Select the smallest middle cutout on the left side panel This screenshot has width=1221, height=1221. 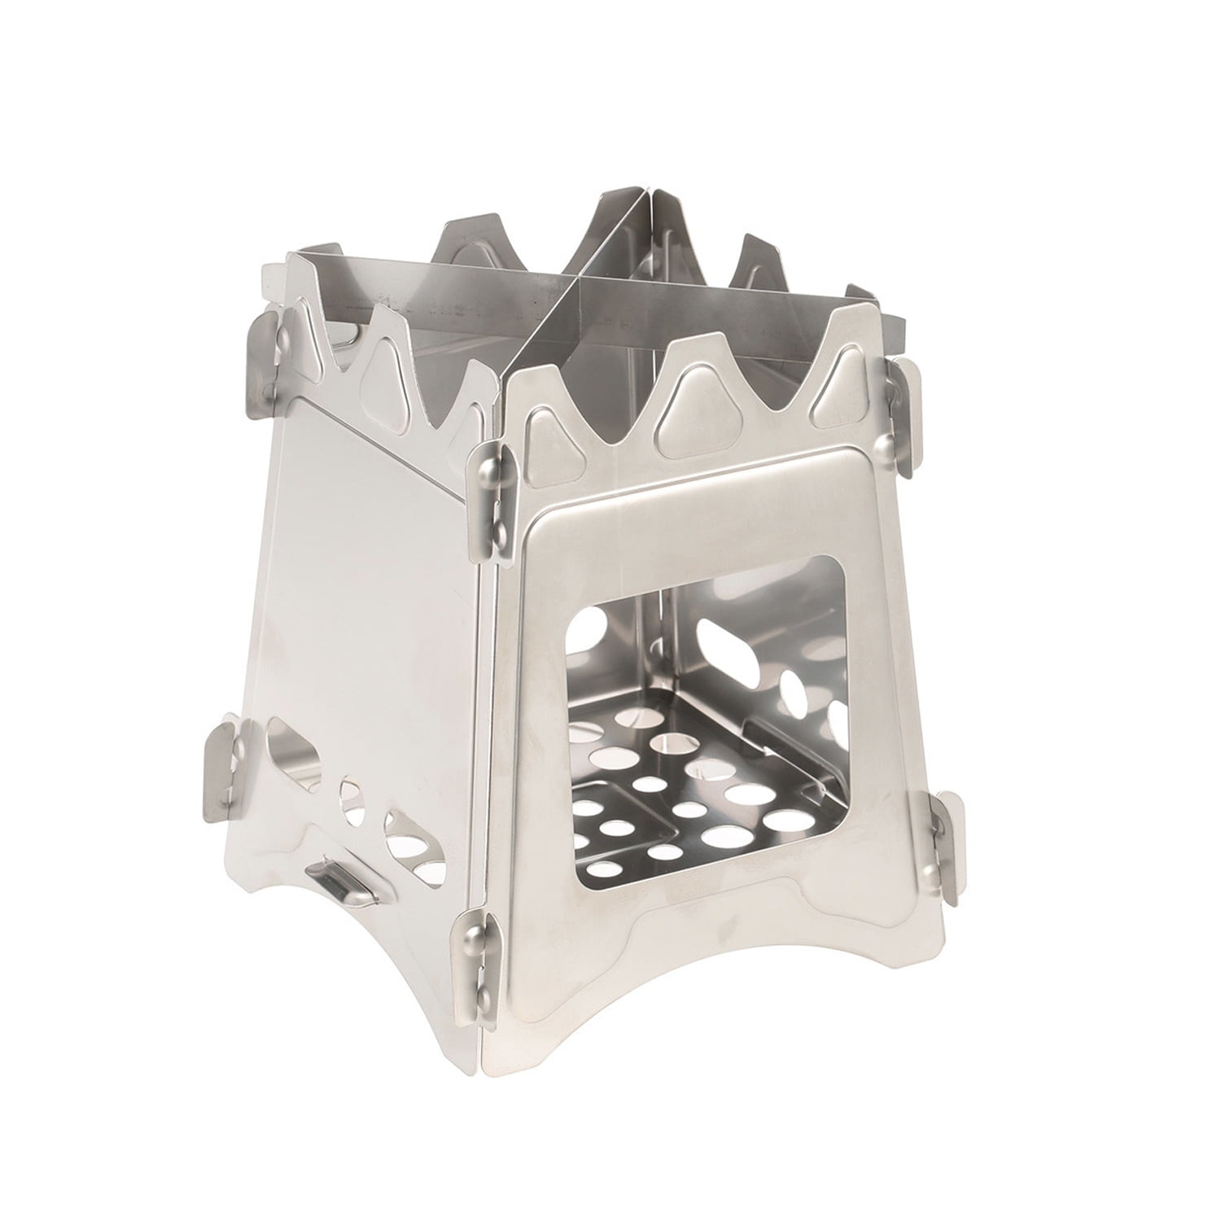click(350, 802)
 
